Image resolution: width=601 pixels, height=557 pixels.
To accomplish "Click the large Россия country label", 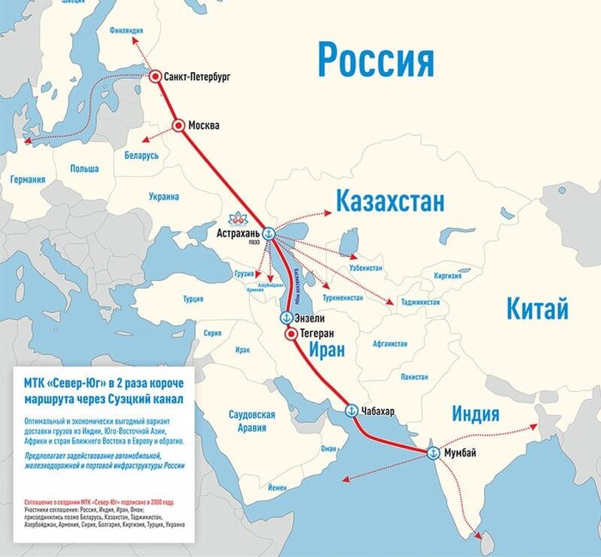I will coord(375,60).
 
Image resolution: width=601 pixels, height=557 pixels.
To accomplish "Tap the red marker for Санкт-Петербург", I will coord(155,77).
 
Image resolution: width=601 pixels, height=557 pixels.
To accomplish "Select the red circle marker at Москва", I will coord(179,125).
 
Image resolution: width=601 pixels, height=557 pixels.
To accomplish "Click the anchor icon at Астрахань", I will coord(268,233).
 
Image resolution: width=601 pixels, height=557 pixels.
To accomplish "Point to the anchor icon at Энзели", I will coord(285,317).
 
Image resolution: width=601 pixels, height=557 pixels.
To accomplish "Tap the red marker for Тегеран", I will coord(290,333).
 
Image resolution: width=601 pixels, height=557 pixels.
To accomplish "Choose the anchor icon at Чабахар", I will coord(350,411).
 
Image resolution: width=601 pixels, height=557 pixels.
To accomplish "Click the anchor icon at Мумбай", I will coord(434,452).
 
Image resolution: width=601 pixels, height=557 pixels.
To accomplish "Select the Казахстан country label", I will coord(390,202).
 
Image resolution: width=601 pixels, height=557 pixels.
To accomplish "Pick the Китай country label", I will coord(537,309).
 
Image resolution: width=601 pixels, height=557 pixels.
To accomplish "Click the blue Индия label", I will coord(476,414).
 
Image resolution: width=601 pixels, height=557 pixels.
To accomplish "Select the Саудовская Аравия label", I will coord(252,420).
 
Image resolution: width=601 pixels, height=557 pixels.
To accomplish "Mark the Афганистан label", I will coord(390,344).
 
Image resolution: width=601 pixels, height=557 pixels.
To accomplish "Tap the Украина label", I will coord(164,197).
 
